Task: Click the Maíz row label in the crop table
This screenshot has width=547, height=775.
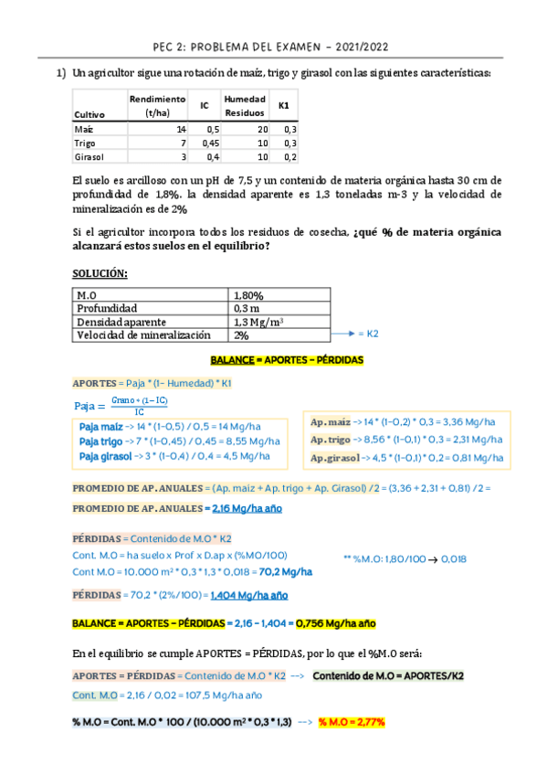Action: pos(83,130)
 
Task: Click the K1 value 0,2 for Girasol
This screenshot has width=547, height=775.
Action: pos(289,157)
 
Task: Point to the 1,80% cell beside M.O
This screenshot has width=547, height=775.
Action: pos(248,295)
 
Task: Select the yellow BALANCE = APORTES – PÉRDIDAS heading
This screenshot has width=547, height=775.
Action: pos(287,361)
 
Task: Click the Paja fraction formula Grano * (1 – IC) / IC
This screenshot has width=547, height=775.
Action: pos(139,406)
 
